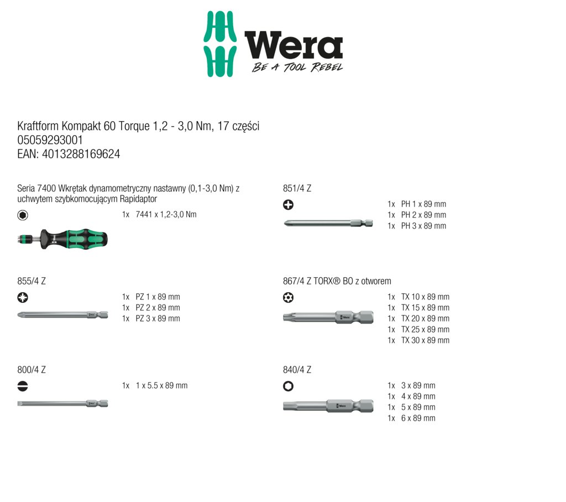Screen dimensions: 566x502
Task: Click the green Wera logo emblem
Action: [x=220, y=44]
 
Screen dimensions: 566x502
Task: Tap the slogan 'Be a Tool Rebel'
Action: [x=297, y=67]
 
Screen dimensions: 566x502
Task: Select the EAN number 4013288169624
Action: [x=81, y=154]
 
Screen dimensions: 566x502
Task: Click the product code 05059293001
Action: [x=50, y=140]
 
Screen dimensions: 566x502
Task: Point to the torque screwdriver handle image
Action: [x=62, y=239]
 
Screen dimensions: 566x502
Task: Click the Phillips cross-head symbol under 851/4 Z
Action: [x=288, y=205]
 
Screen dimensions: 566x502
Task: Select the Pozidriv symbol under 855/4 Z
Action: [x=23, y=297]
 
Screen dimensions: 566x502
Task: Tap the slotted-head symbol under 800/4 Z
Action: [x=23, y=386]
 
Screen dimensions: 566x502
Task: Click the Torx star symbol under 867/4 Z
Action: [x=288, y=297]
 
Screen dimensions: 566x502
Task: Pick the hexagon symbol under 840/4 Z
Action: [x=288, y=386]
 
